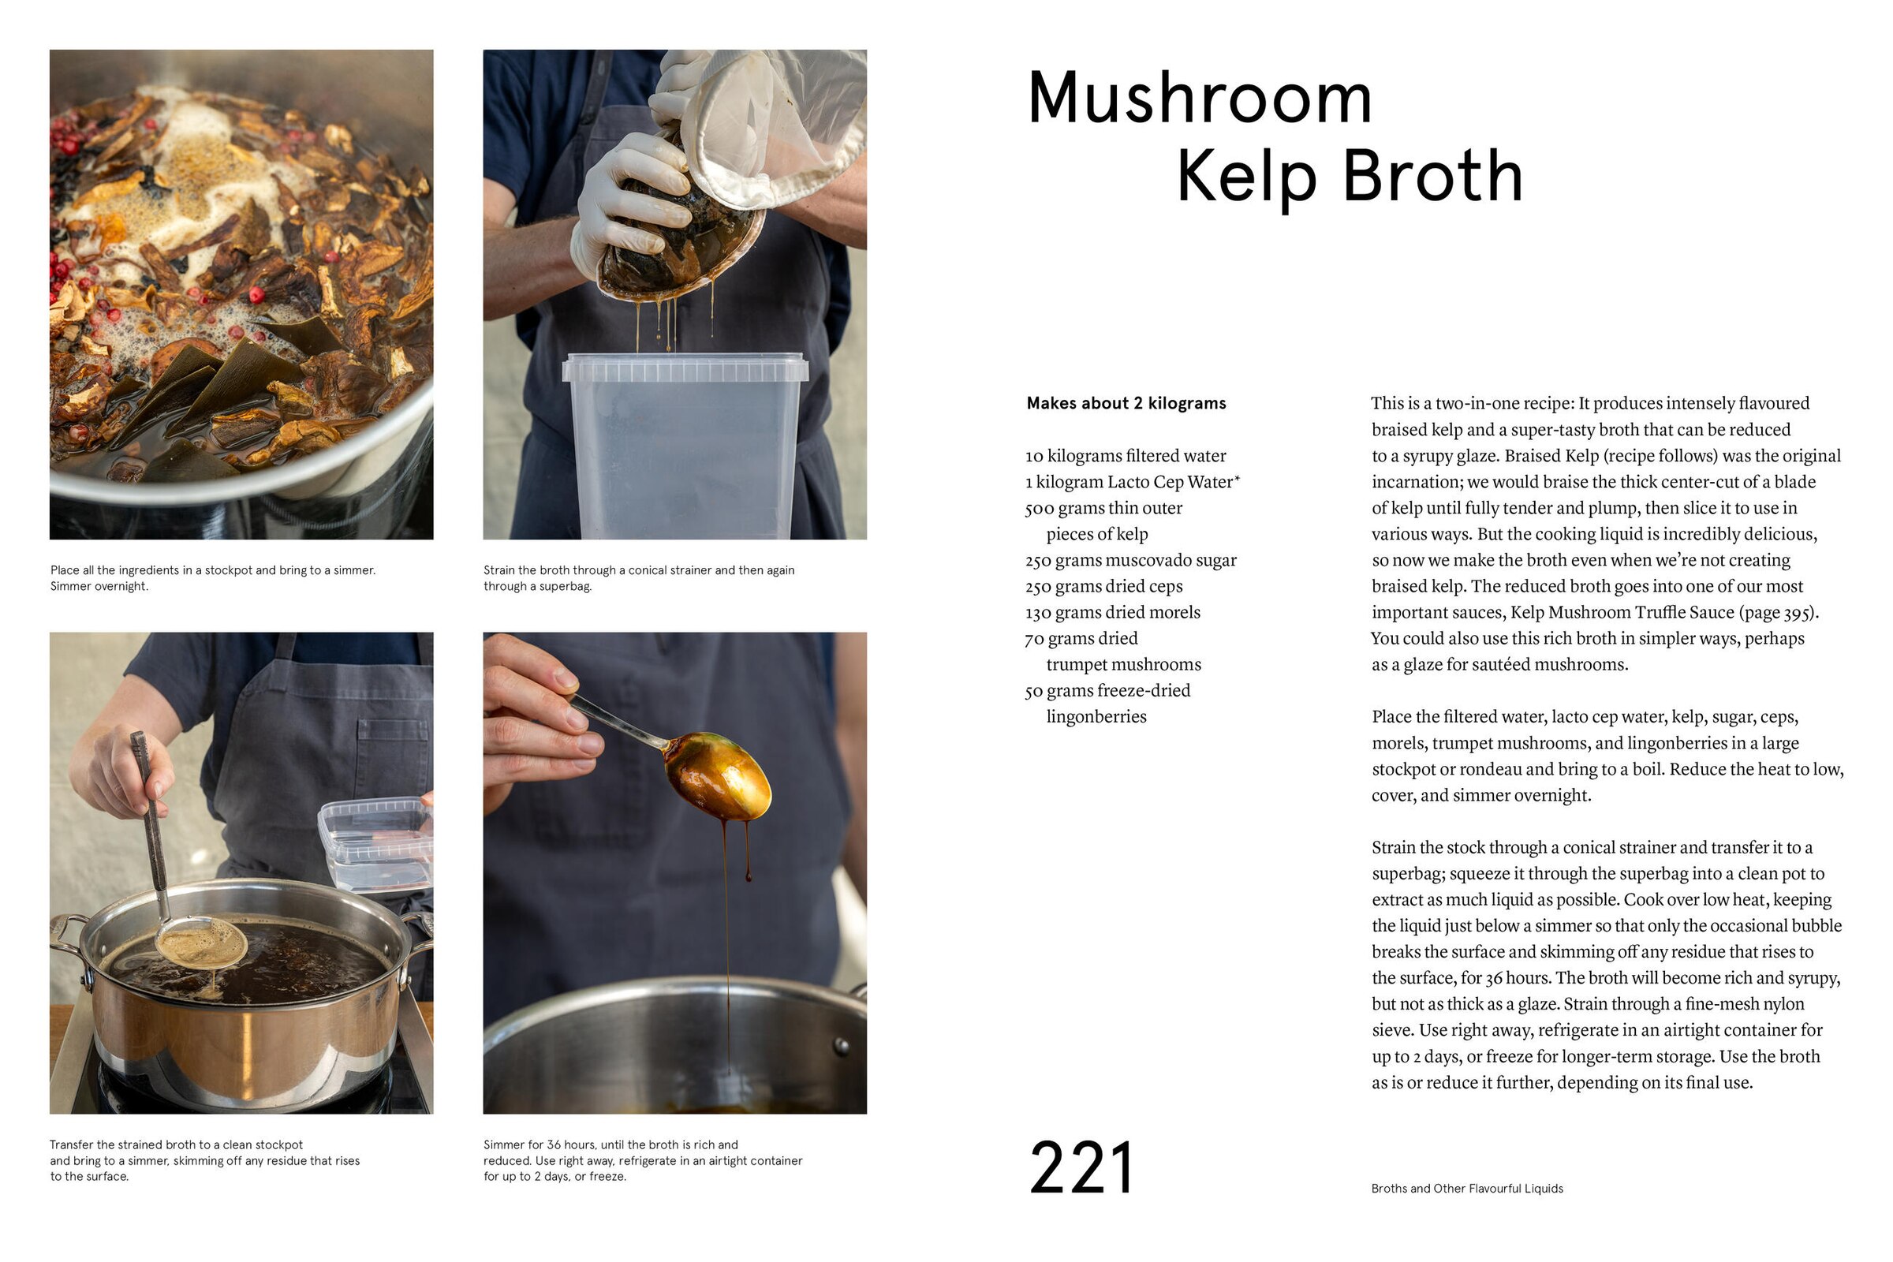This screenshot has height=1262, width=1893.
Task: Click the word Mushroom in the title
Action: click(x=1199, y=98)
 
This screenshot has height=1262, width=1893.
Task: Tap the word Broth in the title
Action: click(x=1432, y=177)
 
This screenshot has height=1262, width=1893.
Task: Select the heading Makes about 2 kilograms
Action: click(x=1126, y=403)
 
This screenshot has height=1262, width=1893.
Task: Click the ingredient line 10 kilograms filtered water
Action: click(x=1126, y=457)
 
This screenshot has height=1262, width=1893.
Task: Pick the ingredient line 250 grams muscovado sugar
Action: click(x=1130, y=560)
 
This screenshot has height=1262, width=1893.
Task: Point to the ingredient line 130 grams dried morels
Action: click(x=1112, y=613)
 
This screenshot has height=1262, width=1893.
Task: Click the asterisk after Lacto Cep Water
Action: click(x=1237, y=479)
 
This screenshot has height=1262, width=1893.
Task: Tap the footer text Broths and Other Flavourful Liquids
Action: click(x=1466, y=1189)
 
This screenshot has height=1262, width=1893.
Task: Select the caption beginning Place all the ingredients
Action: click(x=212, y=578)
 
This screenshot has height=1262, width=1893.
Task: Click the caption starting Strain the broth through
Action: click(x=638, y=578)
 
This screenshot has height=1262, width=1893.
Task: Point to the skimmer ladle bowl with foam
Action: click(x=201, y=942)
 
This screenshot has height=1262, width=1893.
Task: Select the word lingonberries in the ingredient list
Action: click(x=1096, y=717)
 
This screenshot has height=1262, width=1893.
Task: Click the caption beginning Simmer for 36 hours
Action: click(x=642, y=1160)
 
